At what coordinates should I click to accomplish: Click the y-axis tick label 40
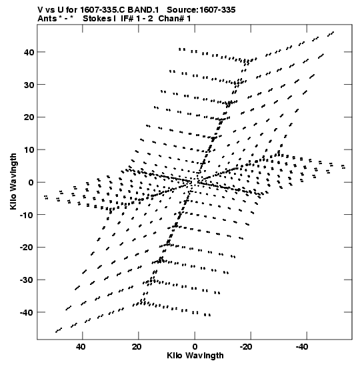pos(29,52)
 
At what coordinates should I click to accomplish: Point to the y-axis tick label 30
pos(29,85)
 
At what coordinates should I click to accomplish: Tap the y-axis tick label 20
pos(29,117)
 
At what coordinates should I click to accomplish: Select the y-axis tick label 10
pos(29,149)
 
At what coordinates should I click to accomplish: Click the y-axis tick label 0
pos(31,182)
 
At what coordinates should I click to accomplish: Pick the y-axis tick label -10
pos(27,215)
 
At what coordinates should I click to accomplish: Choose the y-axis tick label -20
pos(27,247)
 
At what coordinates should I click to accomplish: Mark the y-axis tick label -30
pos(27,280)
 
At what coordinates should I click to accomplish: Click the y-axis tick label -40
pos(27,312)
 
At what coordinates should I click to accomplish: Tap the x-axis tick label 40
pos(81,347)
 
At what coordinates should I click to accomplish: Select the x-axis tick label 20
pos(137,347)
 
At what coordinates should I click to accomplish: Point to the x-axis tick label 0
pos(195,347)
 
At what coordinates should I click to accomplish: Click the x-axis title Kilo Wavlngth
pos(195,356)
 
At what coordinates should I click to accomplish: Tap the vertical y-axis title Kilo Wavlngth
pos(13,181)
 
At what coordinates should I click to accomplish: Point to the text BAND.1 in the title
pos(143,10)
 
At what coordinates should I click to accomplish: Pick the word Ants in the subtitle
pos(47,19)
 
